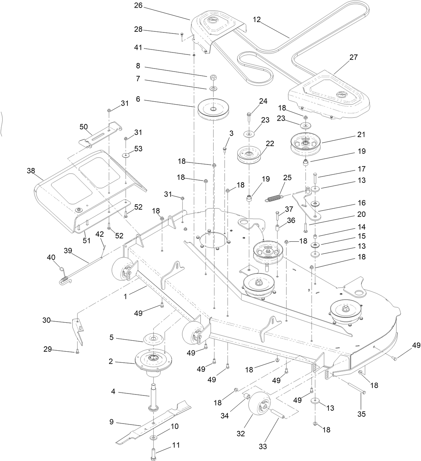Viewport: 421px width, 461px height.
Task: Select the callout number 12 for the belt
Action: pos(257,20)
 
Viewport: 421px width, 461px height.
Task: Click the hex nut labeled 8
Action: pos(213,78)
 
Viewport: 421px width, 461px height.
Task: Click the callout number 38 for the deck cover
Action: pos(31,171)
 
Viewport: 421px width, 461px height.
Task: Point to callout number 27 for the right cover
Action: pos(353,57)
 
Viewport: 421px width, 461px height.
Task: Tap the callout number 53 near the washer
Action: pos(138,148)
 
